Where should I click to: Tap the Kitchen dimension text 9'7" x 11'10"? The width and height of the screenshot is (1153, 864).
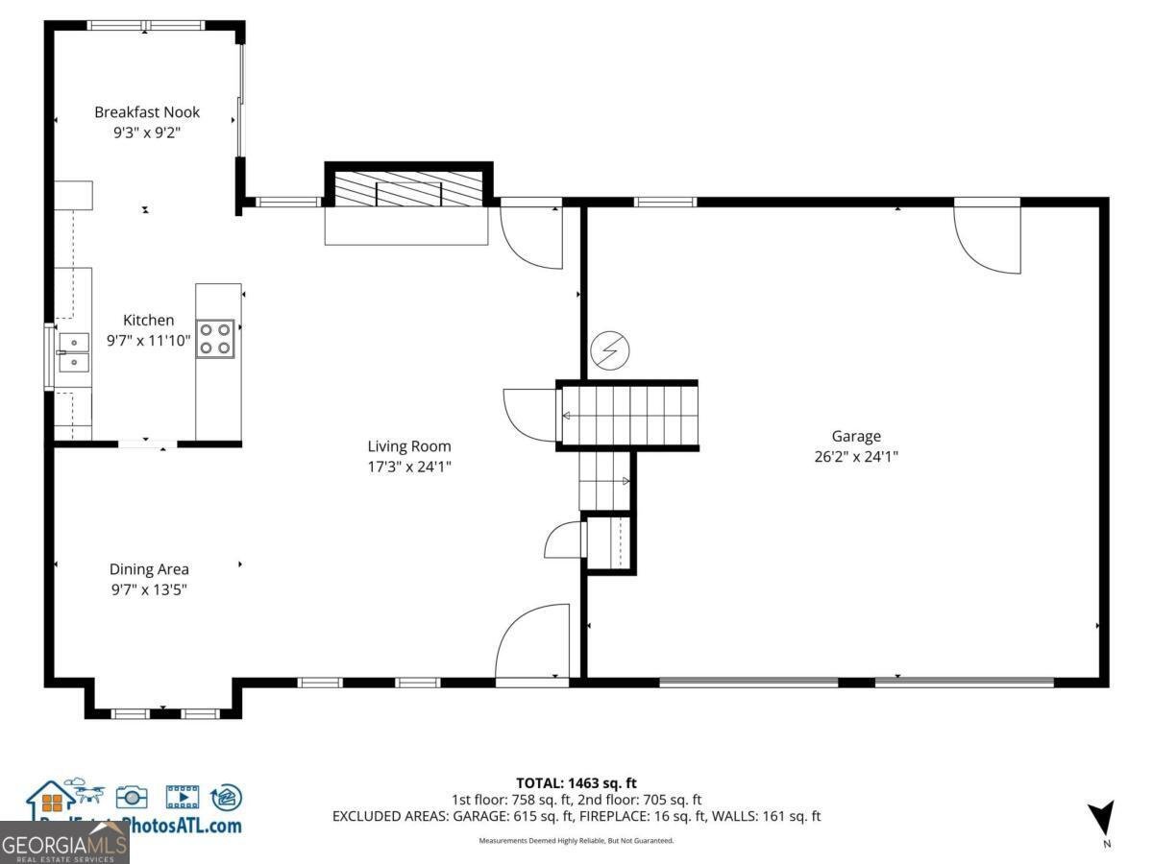pyautogui.click(x=148, y=339)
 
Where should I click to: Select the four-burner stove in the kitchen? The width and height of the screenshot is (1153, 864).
pyautogui.click(x=215, y=339)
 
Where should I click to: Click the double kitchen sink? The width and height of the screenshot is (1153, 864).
pyautogui.click(x=73, y=351)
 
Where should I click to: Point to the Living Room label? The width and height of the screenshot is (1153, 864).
pyautogui.click(x=409, y=446)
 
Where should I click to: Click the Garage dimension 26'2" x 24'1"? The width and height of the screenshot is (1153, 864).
pyautogui.click(x=855, y=457)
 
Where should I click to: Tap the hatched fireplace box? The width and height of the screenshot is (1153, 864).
pyautogui.click(x=408, y=187)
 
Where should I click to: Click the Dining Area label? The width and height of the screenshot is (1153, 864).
pyautogui.click(x=149, y=569)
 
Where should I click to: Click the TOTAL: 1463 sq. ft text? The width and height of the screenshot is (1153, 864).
pyautogui.click(x=576, y=783)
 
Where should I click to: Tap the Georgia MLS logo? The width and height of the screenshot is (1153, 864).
pyautogui.click(x=64, y=845)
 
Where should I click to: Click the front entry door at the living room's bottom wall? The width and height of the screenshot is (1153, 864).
pyautogui.click(x=531, y=643)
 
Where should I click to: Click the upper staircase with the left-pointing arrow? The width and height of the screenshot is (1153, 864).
pyautogui.click(x=626, y=415)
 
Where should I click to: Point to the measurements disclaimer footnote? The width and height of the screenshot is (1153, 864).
pyautogui.click(x=576, y=841)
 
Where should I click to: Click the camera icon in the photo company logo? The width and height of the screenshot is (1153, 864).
pyautogui.click(x=132, y=796)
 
